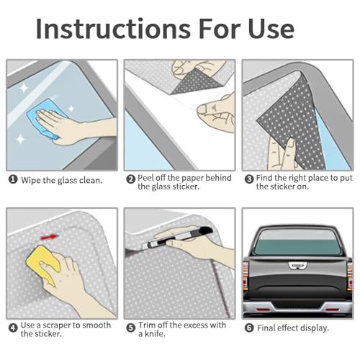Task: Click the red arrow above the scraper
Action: [50, 237]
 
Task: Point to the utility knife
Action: [178, 238]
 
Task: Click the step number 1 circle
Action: [13, 179]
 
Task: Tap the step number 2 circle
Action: [131, 179]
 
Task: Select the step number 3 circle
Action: [249, 179]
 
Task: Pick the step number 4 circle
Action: [13, 328]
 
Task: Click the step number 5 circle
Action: [131, 328]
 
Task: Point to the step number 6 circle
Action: [249, 328]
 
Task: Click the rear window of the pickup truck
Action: [297, 243]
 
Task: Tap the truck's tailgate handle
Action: [297, 265]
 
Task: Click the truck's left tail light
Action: [246, 276]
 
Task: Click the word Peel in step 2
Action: [145, 178]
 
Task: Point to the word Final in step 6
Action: [266, 328]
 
